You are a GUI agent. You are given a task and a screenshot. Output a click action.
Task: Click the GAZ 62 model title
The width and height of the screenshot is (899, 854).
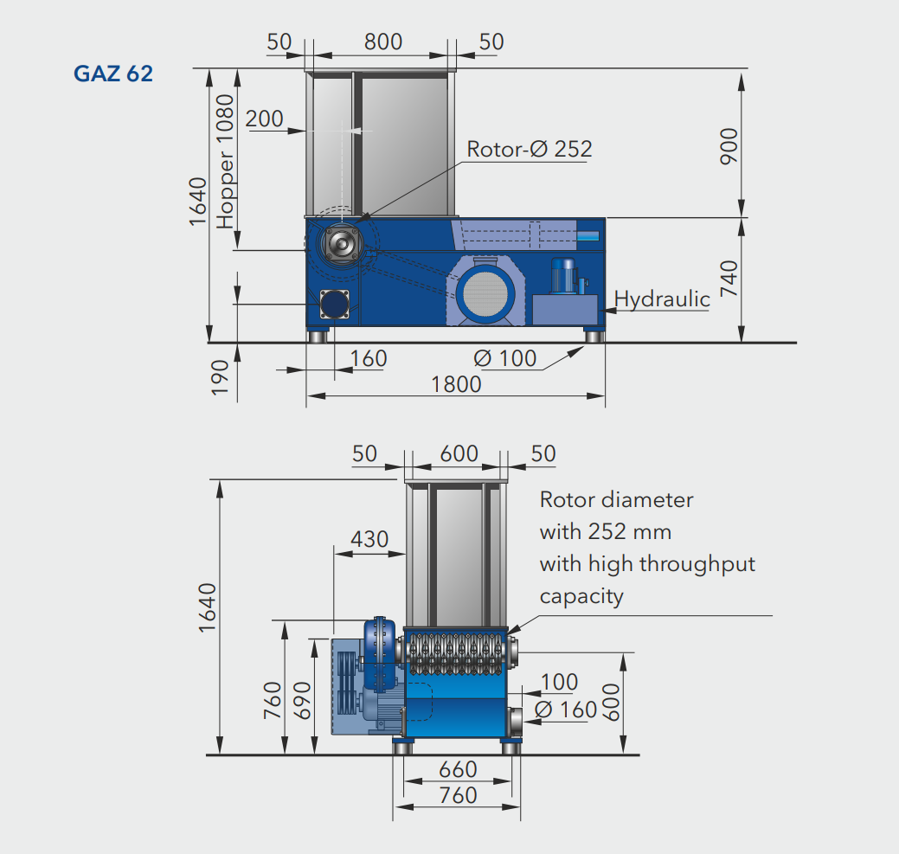(113, 74)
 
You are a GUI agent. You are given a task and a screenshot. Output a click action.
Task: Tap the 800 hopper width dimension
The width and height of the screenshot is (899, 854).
(383, 42)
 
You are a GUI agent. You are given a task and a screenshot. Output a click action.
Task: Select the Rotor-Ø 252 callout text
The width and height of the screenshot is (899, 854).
(530, 149)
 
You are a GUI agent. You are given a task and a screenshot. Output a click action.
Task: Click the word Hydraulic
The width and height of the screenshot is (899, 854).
(662, 299)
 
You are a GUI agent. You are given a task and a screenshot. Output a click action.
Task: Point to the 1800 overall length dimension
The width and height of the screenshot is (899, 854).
(456, 383)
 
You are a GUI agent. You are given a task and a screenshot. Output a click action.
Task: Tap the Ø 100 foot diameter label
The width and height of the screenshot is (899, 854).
(506, 357)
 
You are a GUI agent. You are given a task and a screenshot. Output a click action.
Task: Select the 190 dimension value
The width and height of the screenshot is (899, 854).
(220, 377)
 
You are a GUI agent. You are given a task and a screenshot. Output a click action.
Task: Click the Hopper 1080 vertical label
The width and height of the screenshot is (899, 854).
(225, 162)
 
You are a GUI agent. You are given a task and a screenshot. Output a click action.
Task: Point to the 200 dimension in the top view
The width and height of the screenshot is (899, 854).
(264, 119)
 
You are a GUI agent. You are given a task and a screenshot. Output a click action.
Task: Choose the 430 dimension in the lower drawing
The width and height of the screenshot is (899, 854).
(369, 539)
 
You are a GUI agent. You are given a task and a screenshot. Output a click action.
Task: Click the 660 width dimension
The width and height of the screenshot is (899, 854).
(458, 768)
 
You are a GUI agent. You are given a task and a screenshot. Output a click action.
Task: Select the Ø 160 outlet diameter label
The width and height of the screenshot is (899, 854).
(566, 710)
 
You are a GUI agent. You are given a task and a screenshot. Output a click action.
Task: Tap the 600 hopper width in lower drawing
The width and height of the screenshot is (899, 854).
(459, 453)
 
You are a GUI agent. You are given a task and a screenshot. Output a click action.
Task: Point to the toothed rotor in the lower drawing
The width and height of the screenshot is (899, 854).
(456, 654)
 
